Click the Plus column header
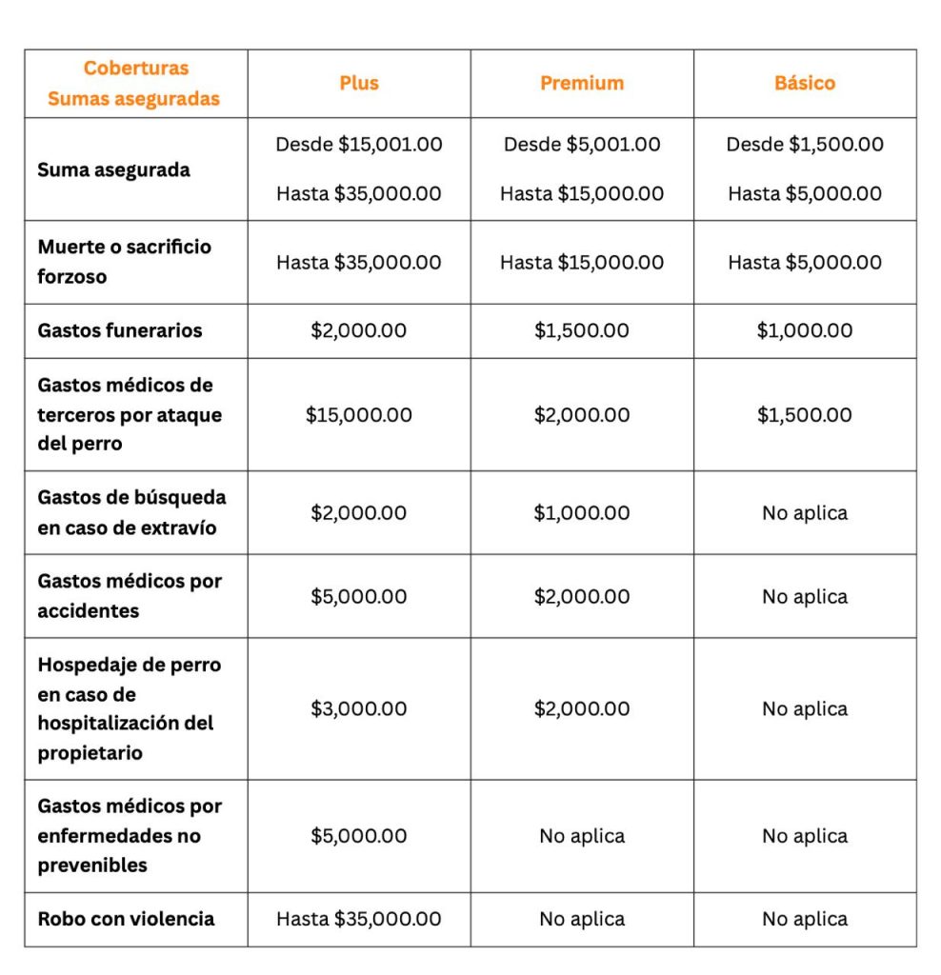pos(359,83)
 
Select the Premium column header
pos(582,83)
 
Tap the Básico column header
pos(805,83)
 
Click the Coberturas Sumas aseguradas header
pos(135,83)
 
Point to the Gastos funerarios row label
pos(120,330)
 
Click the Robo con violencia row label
pos(126,919)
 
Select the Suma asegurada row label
pos(113,169)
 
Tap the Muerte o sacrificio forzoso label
pos(125,262)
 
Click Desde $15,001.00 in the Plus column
pos(359,145)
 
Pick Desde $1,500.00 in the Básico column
pos(805,145)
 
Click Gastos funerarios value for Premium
pos(582,330)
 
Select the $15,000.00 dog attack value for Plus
pos(359,415)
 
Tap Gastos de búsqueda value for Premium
pos(582,512)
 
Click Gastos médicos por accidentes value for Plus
pos(359,596)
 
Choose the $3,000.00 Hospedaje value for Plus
pos(359,708)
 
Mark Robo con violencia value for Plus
pos(359,919)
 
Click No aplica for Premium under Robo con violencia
pos(582,919)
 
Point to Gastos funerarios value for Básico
pos(805,330)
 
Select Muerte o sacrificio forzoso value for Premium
pos(582,262)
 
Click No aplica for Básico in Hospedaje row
pos(805,708)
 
